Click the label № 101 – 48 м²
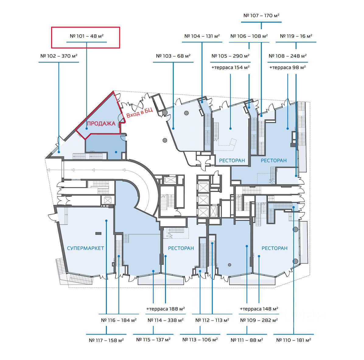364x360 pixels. click(86, 36)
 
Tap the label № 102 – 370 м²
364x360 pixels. click(59, 56)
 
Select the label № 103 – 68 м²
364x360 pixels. click(173, 56)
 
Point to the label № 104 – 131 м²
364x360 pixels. click(202, 36)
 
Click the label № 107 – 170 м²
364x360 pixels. click(261, 16)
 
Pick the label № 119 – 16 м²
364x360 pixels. click(296, 36)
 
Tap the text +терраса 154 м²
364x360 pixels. click(230, 67)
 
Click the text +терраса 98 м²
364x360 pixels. click(288, 67)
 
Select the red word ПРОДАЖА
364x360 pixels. click(101, 123)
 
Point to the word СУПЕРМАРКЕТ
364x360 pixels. click(86, 248)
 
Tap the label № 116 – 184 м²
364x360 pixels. click(119, 320)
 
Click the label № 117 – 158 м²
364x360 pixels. click(106, 340)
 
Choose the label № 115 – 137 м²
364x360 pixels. click(153, 340)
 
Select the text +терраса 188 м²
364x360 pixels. click(166, 309)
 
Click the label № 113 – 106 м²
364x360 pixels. click(200, 340)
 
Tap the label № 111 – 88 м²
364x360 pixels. click(247, 340)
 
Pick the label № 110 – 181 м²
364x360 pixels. click(294, 340)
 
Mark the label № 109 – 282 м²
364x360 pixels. click(259, 320)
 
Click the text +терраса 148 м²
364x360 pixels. click(259, 309)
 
